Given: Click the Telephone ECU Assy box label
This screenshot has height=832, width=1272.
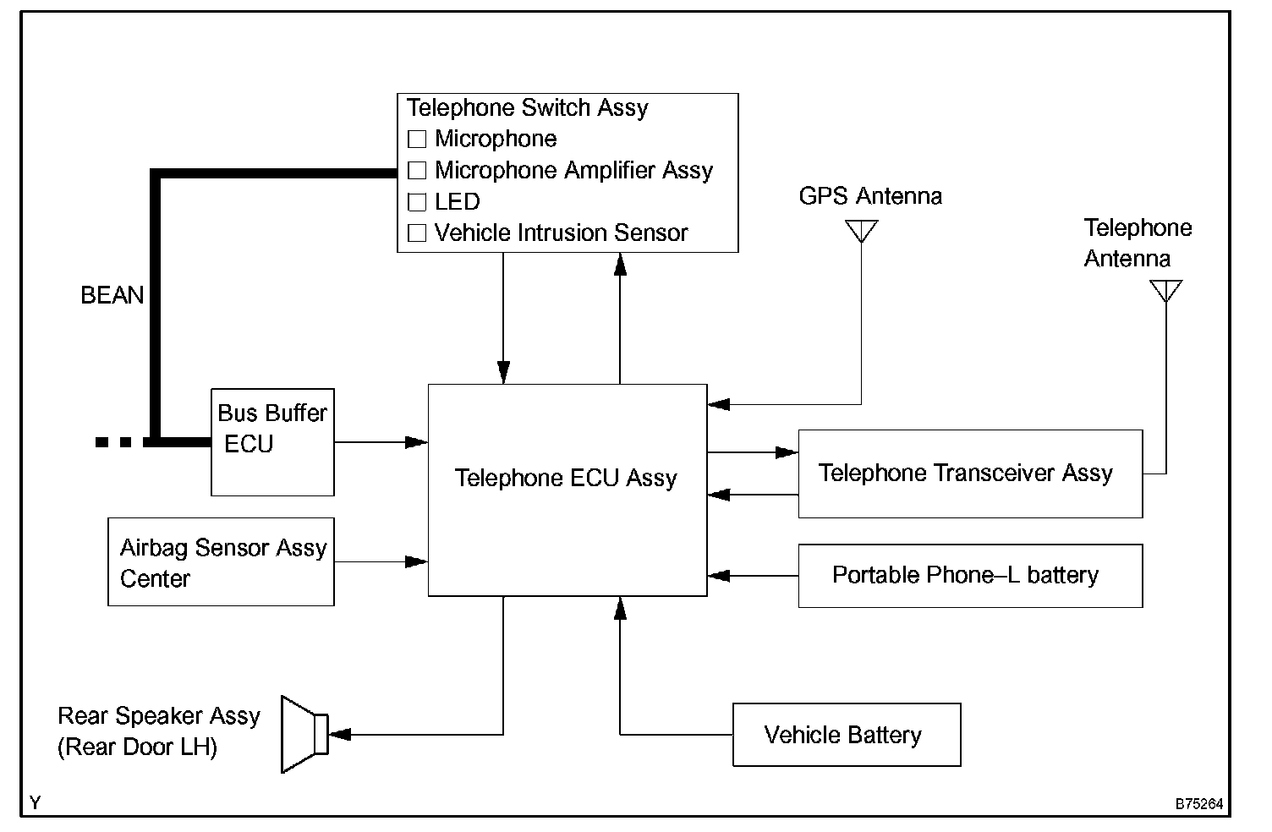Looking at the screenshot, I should pos(566,479).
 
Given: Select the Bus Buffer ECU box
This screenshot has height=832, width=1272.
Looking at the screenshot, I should pos(271,441).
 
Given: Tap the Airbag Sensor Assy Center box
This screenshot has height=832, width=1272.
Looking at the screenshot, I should pos(221,562).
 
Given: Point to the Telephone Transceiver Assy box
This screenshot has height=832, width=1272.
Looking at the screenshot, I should pos(969,473).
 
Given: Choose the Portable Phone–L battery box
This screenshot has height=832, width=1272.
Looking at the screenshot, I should pos(969,576).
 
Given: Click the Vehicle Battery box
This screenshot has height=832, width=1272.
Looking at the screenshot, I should pos(846,735).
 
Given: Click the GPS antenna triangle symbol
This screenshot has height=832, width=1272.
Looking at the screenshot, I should pos(861,230).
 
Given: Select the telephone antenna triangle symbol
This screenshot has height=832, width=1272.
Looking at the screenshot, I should pos(1165,290).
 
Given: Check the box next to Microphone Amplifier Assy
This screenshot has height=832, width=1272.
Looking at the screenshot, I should pos(417,171).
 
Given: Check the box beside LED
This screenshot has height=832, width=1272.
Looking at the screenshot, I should pos(417,202).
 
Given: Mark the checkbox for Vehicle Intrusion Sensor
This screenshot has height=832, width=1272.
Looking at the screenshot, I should pos(417,233).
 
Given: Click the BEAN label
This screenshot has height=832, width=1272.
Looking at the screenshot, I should pos(112,295).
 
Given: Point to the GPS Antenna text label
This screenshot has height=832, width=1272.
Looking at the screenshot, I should pos(869,196).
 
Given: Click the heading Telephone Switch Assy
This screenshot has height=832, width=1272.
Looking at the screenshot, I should pos(527,108).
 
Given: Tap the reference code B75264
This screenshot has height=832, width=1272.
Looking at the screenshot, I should pos(1198,804).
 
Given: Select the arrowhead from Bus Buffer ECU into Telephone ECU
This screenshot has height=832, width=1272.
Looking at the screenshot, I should pos(417,442).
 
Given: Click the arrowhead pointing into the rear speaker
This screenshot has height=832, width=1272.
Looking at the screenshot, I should pos(339,735).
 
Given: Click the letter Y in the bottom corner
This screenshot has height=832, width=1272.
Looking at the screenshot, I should pos(35,803).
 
